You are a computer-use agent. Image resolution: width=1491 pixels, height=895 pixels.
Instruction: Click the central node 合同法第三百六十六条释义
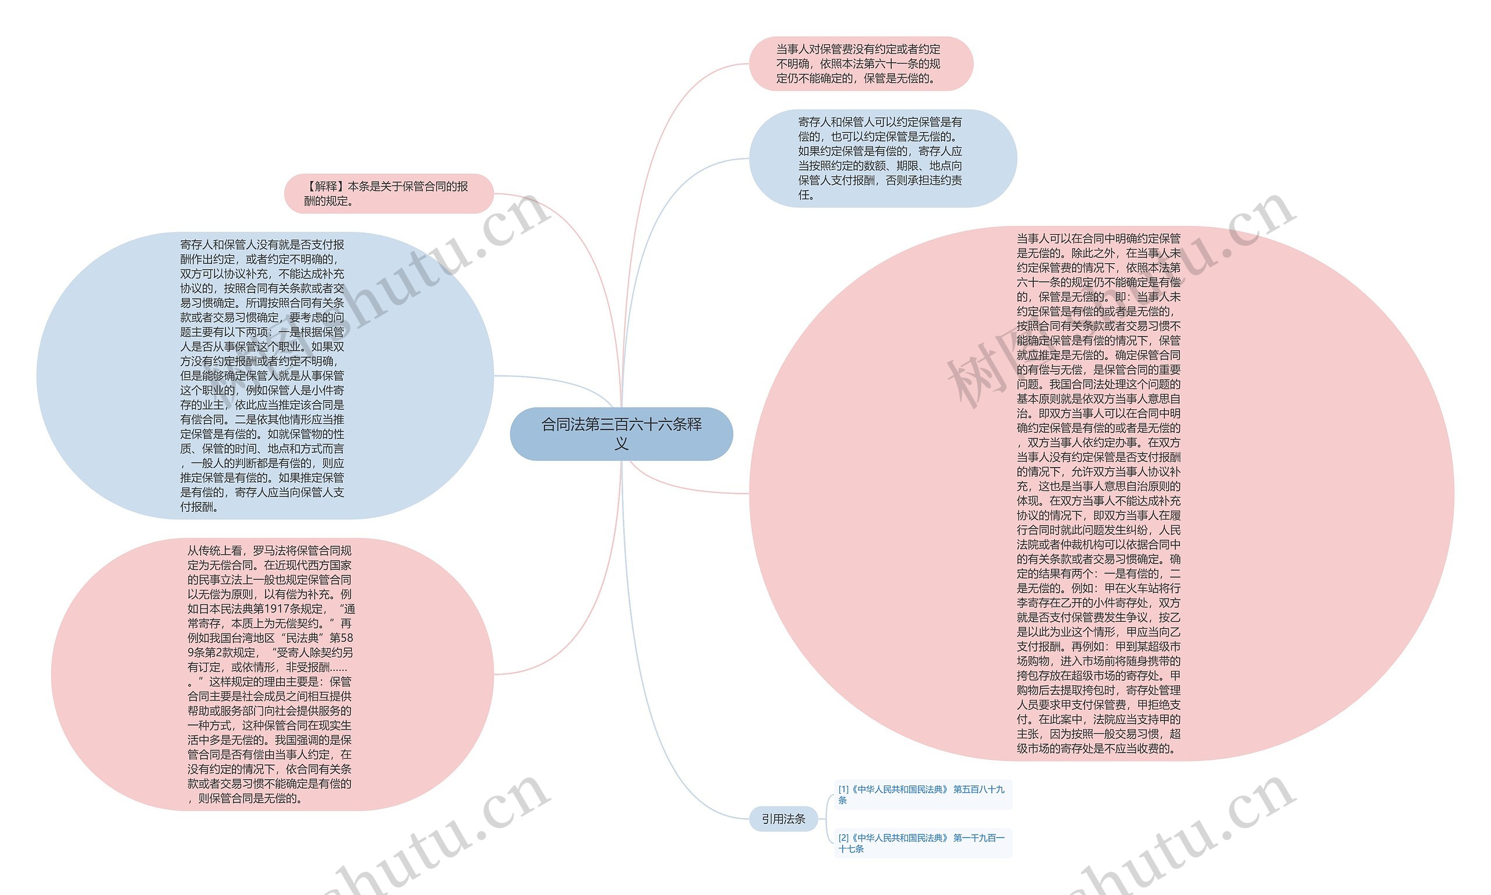point(621,434)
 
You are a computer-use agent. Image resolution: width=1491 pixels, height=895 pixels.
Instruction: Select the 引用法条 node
point(783,818)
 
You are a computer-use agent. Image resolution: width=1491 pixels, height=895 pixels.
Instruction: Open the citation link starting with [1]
point(921,794)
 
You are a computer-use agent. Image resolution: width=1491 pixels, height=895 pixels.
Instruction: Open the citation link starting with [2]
point(921,843)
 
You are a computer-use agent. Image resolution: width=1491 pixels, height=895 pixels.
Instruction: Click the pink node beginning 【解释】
point(388,193)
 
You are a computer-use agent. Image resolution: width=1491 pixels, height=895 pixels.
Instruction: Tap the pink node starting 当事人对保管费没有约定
point(860,63)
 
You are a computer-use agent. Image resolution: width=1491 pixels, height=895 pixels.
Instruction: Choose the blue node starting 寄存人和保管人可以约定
point(882,158)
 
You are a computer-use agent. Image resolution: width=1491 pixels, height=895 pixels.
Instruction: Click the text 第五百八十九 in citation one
point(978,789)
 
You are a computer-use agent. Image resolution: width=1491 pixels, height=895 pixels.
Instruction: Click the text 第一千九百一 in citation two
point(978,837)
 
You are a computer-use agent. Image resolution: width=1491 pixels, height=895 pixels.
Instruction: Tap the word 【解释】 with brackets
point(325,186)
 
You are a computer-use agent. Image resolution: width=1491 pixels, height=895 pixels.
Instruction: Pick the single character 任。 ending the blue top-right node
point(806,195)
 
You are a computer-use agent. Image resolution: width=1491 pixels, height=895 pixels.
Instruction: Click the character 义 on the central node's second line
point(621,444)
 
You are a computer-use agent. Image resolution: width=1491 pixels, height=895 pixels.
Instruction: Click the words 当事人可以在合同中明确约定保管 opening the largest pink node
point(1098,238)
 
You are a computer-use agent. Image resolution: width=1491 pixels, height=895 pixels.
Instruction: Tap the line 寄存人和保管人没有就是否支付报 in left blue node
point(262,244)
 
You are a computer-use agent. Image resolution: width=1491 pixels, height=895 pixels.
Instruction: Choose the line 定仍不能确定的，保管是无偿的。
point(856,78)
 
